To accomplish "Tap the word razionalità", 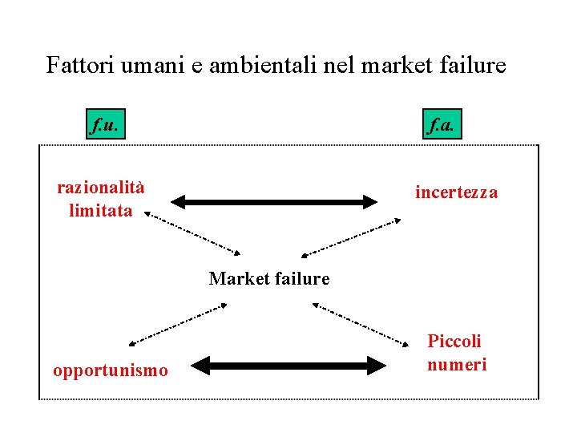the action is [x=101, y=188].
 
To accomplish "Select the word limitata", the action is [x=101, y=211].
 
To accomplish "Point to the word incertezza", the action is [x=456, y=192].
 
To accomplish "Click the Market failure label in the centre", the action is [x=268, y=279].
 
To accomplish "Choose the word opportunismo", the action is [x=111, y=370].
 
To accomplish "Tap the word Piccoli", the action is [x=454, y=342].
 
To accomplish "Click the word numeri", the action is [x=457, y=365].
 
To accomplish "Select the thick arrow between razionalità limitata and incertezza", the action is [x=274, y=200].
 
